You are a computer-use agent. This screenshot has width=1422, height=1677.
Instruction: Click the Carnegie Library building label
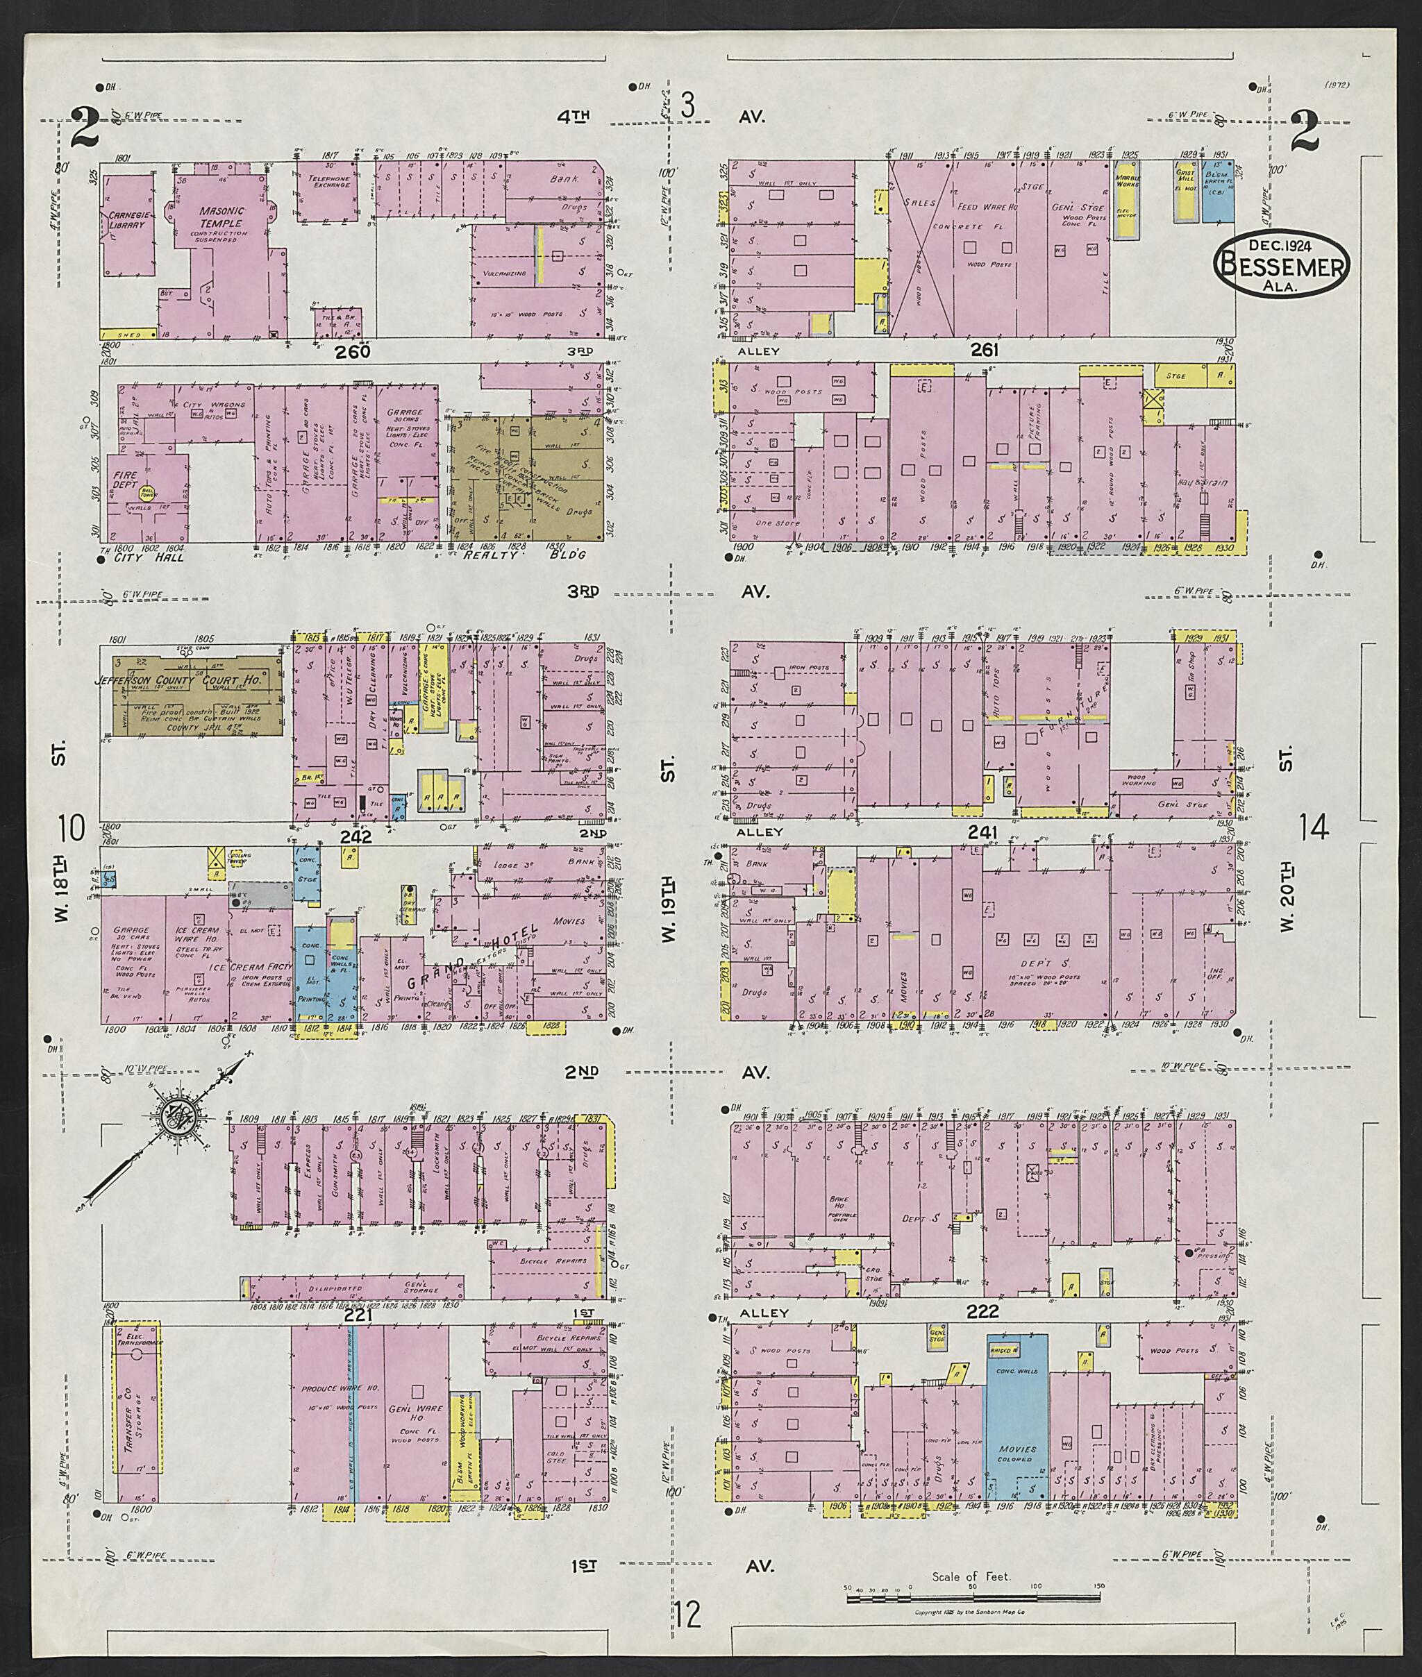tap(126, 220)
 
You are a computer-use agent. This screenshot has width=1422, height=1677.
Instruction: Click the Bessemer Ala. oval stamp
tap(1282, 265)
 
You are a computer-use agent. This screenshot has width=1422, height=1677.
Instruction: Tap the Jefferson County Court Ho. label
tap(180, 681)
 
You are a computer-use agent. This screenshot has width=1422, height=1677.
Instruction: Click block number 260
tap(354, 351)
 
